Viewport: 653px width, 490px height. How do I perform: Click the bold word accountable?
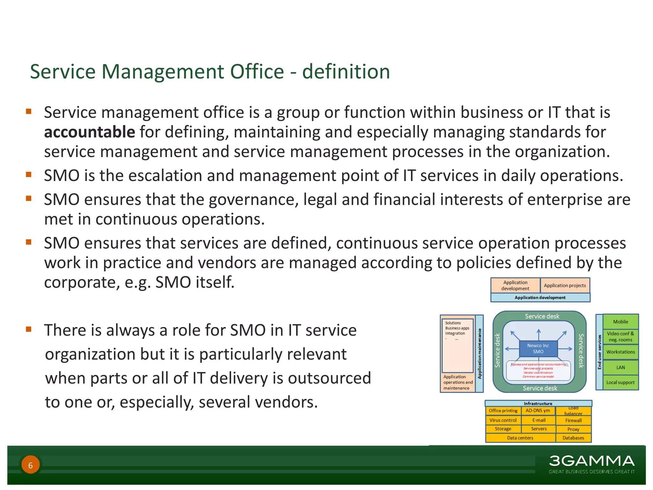click(x=90, y=132)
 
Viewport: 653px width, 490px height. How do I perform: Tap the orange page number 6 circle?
click(x=31, y=465)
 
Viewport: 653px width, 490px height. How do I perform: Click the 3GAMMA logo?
click(x=591, y=461)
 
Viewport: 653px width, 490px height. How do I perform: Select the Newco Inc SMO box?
click(x=538, y=349)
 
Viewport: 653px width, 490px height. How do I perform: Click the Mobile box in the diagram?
click(x=620, y=322)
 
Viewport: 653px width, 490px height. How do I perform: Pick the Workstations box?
click(x=620, y=352)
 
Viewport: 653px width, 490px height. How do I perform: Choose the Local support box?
click(x=620, y=382)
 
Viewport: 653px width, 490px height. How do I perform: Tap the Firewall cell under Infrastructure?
click(x=573, y=420)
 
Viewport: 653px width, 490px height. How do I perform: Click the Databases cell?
click(x=573, y=438)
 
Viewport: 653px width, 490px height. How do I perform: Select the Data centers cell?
click(x=520, y=438)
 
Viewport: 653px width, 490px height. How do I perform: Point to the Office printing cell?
click(x=503, y=411)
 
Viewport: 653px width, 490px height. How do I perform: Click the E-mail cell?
click(x=539, y=420)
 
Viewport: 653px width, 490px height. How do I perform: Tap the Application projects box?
click(x=565, y=286)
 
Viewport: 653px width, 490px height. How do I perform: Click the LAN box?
click(x=620, y=367)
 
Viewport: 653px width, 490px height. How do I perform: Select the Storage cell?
click(x=503, y=429)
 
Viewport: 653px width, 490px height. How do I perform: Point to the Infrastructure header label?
click(x=538, y=404)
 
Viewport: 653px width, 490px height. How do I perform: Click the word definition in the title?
click(x=346, y=71)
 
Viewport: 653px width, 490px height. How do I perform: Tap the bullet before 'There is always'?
click(x=29, y=329)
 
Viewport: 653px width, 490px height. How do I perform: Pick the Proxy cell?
click(x=573, y=429)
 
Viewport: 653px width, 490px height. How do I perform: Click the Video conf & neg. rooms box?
click(x=620, y=337)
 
